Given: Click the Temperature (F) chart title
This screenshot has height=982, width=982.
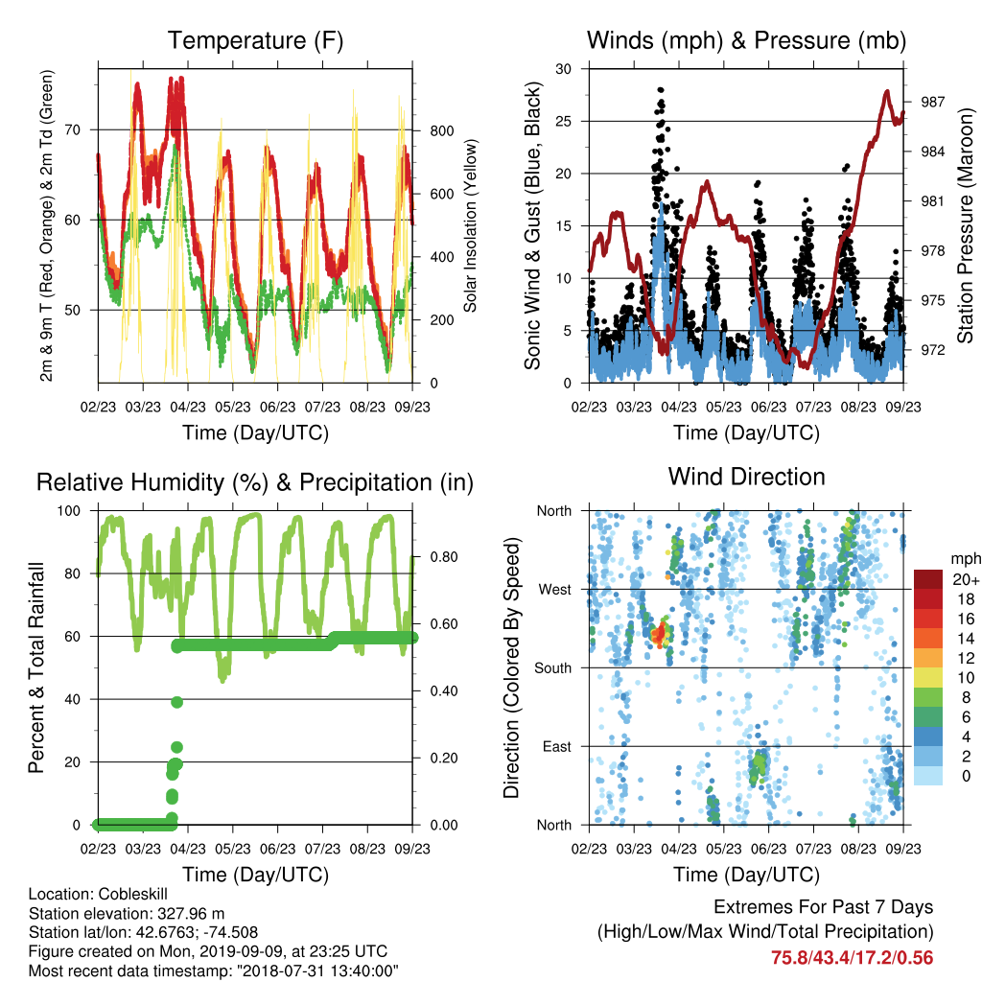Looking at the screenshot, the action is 255,40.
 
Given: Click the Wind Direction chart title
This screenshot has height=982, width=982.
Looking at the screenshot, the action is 746,477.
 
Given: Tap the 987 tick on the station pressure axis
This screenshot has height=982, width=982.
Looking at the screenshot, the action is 932,102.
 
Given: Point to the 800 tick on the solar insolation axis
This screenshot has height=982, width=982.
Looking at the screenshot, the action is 441,130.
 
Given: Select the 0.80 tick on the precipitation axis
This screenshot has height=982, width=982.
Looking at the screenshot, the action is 444,557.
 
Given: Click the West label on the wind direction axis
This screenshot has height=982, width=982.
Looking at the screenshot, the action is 555,590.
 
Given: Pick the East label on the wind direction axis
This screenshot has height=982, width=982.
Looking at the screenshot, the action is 557,746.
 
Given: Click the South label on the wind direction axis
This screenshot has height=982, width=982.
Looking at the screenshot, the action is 553,668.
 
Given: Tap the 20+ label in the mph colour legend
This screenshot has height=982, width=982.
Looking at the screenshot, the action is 966,579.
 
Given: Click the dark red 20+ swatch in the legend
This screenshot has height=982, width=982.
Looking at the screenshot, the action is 928,579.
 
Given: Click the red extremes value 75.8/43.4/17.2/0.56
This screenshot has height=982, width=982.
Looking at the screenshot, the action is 852,958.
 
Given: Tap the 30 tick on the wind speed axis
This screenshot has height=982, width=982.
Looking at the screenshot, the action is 564,69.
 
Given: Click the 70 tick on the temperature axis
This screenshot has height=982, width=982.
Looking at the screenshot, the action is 73,130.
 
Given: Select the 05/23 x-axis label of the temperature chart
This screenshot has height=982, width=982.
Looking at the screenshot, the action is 232,407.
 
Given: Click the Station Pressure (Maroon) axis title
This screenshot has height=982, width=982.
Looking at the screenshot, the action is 965,226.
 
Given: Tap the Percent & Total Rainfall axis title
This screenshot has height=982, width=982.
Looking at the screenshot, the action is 36,667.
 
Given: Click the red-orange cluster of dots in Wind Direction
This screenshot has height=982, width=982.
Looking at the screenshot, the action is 660,634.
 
